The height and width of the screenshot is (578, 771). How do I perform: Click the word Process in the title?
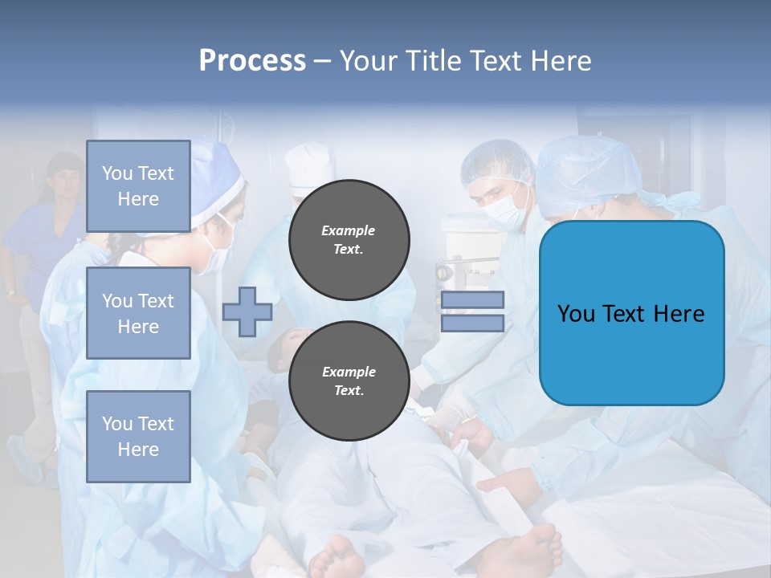click(x=252, y=61)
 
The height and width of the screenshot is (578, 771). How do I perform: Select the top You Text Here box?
click(x=138, y=186)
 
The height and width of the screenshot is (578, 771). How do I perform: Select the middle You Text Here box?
click(x=138, y=313)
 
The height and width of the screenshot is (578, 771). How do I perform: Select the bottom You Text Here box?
click(x=138, y=437)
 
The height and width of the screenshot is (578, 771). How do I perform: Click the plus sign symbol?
click(x=247, y=311)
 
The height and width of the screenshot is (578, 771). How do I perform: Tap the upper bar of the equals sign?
click(x=472, y=300)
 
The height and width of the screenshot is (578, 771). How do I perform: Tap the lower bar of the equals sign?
click(x=472, y=323)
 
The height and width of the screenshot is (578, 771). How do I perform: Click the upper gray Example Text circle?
click(x=349, y=240)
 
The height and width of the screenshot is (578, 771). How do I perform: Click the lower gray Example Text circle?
click(x=349, y=381)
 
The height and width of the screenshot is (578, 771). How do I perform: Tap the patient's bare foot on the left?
click(x=337, y=557)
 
